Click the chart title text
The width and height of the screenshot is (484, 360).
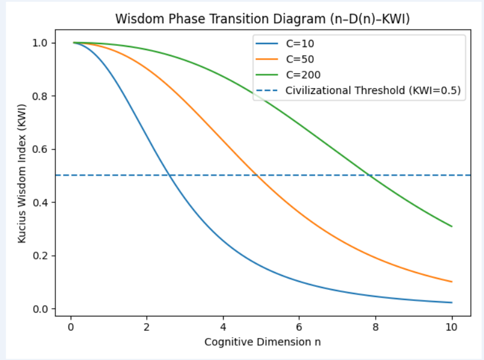(263, 18)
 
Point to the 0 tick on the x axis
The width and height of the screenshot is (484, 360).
(71, 327)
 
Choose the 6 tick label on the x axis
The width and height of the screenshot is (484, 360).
(300, 327)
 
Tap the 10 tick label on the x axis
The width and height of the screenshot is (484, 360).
(452, 327)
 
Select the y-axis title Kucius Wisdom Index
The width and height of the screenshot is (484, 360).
(21, 176)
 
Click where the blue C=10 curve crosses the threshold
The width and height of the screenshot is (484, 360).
(170, 176)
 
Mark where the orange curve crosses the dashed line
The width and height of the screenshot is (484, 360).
(257, 176)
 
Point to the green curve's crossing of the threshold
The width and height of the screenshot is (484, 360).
(370, 176)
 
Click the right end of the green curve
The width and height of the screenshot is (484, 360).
(452, 226)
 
